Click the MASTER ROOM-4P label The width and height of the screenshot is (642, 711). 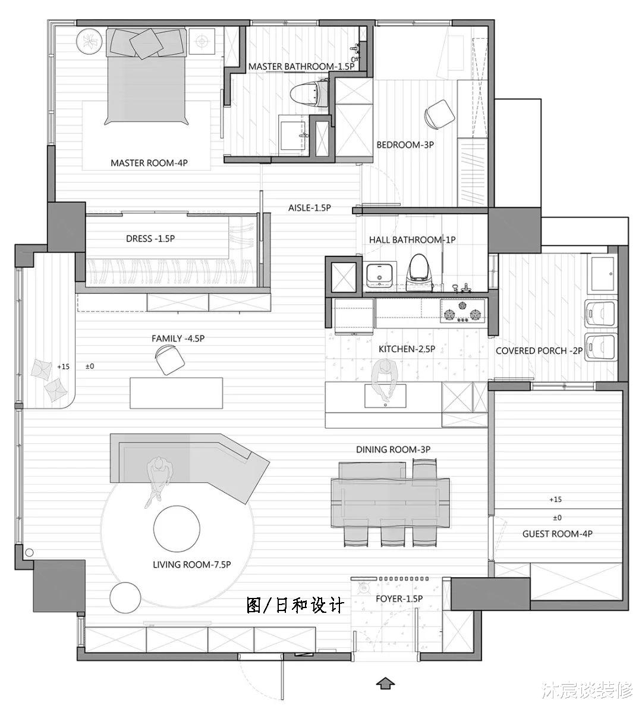[149, 162]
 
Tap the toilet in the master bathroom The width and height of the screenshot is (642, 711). [308, 94]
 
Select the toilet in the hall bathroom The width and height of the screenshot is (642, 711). [420, 269]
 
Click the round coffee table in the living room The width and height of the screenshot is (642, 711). [177, 528]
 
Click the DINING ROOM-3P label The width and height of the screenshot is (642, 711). [393, 449]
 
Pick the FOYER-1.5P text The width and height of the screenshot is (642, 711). [399, 599]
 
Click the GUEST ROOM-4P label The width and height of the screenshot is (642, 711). [557, 534]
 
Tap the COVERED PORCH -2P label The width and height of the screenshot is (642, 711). [539, 351]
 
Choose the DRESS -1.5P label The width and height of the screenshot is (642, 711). [150, 239]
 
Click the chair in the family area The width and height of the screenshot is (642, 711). [169, 361]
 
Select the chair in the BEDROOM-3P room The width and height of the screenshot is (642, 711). [440, 114]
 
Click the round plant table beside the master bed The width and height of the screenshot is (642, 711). [90, 42]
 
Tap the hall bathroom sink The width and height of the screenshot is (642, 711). [379, 275]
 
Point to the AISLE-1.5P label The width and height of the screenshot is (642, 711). [309, 208]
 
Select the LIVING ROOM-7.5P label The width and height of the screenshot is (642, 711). [191, 564]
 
